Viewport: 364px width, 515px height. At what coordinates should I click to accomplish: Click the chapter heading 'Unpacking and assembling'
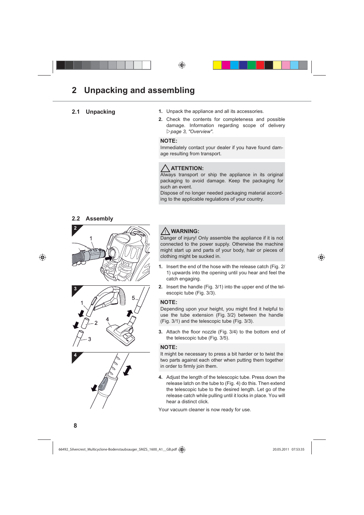139,90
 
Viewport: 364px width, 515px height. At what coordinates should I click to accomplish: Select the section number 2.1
76,112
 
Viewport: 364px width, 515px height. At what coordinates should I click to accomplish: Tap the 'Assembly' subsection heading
99,219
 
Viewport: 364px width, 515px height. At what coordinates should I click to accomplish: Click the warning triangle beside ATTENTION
165,168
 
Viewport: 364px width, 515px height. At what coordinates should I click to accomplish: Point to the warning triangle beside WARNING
165,231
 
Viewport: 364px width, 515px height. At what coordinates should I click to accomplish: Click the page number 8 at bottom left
75,426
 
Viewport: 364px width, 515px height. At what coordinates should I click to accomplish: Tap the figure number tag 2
75,228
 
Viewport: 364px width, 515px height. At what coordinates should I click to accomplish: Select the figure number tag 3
75,289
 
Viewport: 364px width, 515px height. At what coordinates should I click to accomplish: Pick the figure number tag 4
75,355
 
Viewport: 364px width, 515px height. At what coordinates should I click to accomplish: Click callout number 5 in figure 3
133,298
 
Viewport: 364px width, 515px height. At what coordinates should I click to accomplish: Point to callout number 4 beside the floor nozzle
107,319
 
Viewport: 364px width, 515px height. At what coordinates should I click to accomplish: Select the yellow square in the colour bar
217,65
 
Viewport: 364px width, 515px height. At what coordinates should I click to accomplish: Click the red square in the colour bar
260,65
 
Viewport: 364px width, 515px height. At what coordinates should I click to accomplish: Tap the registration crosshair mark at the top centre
182,65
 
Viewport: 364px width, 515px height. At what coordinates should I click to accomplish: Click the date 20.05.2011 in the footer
280,449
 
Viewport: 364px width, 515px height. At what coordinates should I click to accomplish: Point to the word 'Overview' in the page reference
200,132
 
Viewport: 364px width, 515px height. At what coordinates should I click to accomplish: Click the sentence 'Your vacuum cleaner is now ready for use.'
205,410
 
